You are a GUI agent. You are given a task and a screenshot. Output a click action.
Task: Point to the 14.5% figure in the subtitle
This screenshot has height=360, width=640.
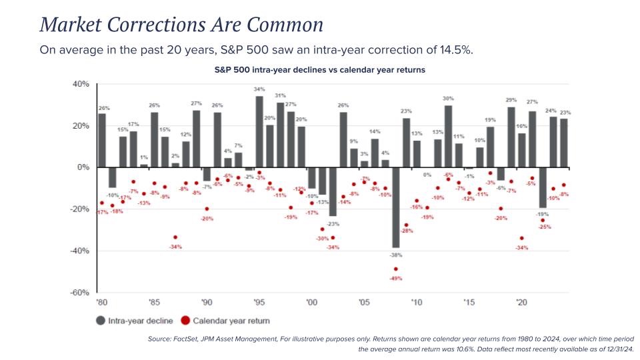[455, 51]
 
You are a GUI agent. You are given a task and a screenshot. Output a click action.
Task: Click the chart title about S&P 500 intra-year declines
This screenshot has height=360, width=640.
[319, 69]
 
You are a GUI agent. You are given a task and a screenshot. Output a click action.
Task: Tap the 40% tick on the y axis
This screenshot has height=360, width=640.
[80, 85]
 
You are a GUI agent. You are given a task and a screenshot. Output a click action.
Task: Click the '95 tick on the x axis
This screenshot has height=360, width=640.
[259, 302]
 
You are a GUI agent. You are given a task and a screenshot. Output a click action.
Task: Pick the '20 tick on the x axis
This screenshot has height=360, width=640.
[521, 302]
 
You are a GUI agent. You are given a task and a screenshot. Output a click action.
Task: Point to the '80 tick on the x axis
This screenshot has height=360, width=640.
[101, 302]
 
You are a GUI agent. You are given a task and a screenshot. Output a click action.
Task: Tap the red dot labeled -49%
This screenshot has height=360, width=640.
[395, 269]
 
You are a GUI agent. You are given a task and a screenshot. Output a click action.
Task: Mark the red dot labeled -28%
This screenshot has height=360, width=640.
[406, 225]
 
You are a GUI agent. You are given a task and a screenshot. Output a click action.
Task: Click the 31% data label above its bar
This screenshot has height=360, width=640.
[280, 95]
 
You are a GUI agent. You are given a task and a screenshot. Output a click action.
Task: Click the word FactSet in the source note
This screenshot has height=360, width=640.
[185, 340]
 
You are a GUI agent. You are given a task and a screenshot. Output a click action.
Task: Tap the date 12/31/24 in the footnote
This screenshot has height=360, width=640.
[615, 349]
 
